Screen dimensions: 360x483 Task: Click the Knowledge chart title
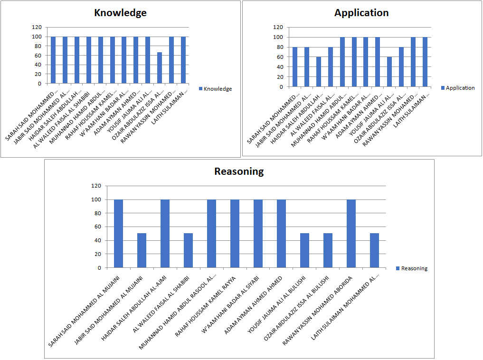(120, 13)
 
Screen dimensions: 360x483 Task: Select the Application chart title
(361, 13)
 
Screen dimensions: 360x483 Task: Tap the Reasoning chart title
(239, 171)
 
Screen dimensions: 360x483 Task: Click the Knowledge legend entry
(216, 89)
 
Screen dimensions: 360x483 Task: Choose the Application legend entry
(458, 88)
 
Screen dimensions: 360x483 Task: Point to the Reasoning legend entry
(412, 268)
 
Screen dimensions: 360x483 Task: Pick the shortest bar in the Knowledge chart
(160, 68)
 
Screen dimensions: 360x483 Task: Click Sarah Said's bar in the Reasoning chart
(118, 233)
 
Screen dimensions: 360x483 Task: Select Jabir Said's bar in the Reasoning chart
(142, 250)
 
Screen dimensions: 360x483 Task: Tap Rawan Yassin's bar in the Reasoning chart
(351, 233)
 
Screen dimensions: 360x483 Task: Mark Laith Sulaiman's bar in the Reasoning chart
(375, 250)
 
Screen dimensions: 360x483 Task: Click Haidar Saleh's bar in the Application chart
(319, 72)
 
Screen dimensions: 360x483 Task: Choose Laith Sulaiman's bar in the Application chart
(425, 62)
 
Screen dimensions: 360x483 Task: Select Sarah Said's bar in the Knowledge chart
(53, 60)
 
